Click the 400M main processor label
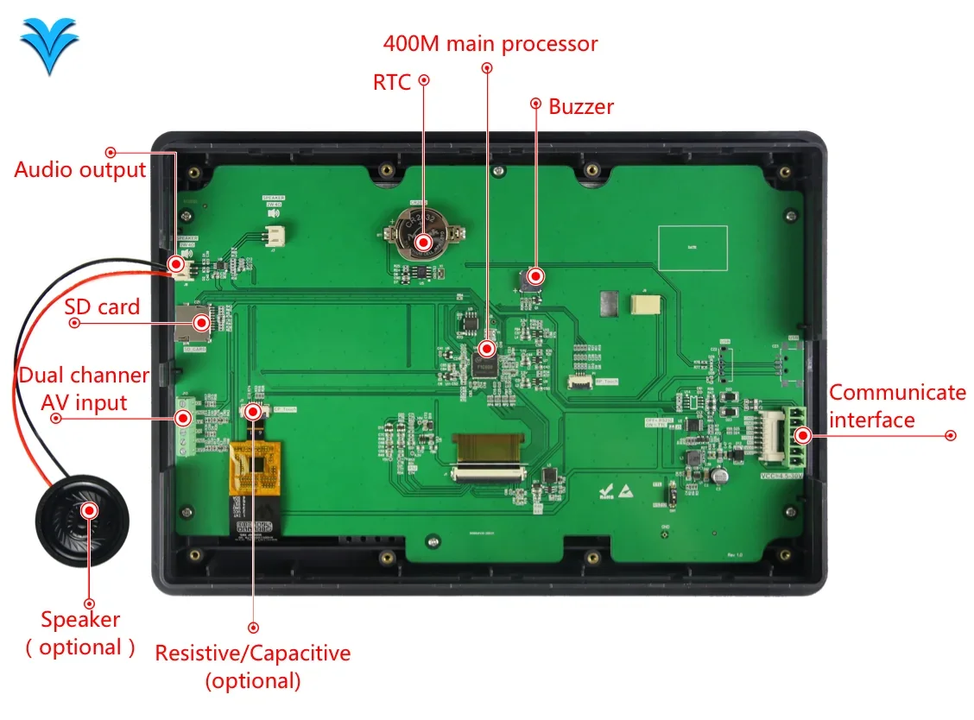tap(490, 43)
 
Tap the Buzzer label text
tap(581, 106)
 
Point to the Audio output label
tap(80, 169)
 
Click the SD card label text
tap(102, 306)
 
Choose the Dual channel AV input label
tap(84, 389)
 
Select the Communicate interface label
tap(897, 406)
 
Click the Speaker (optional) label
tap(80, 633)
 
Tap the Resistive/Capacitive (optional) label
tap(253, 666)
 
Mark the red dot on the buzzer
tap(535, 276)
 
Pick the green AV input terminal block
tap(183, 426)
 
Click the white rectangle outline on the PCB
tap(693, 248)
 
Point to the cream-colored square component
tap(644, 305)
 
